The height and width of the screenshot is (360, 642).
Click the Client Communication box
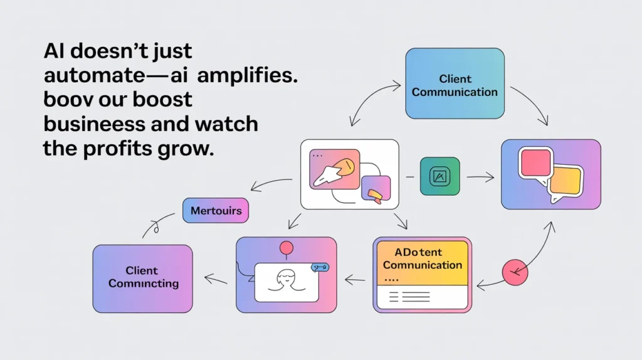click(455, 83)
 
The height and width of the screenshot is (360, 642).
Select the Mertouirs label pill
click(216, 211)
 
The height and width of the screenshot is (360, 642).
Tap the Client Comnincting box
click(142, 278)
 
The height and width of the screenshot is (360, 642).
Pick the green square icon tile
click(439, 177)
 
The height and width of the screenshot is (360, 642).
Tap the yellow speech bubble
click(566, 182)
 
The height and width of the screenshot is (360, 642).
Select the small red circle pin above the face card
click(287, 248)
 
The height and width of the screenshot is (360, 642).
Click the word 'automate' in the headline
click(93, 76)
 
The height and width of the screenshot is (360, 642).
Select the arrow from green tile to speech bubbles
click(480, 177)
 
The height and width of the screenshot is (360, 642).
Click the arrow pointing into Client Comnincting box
click(215, 278)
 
